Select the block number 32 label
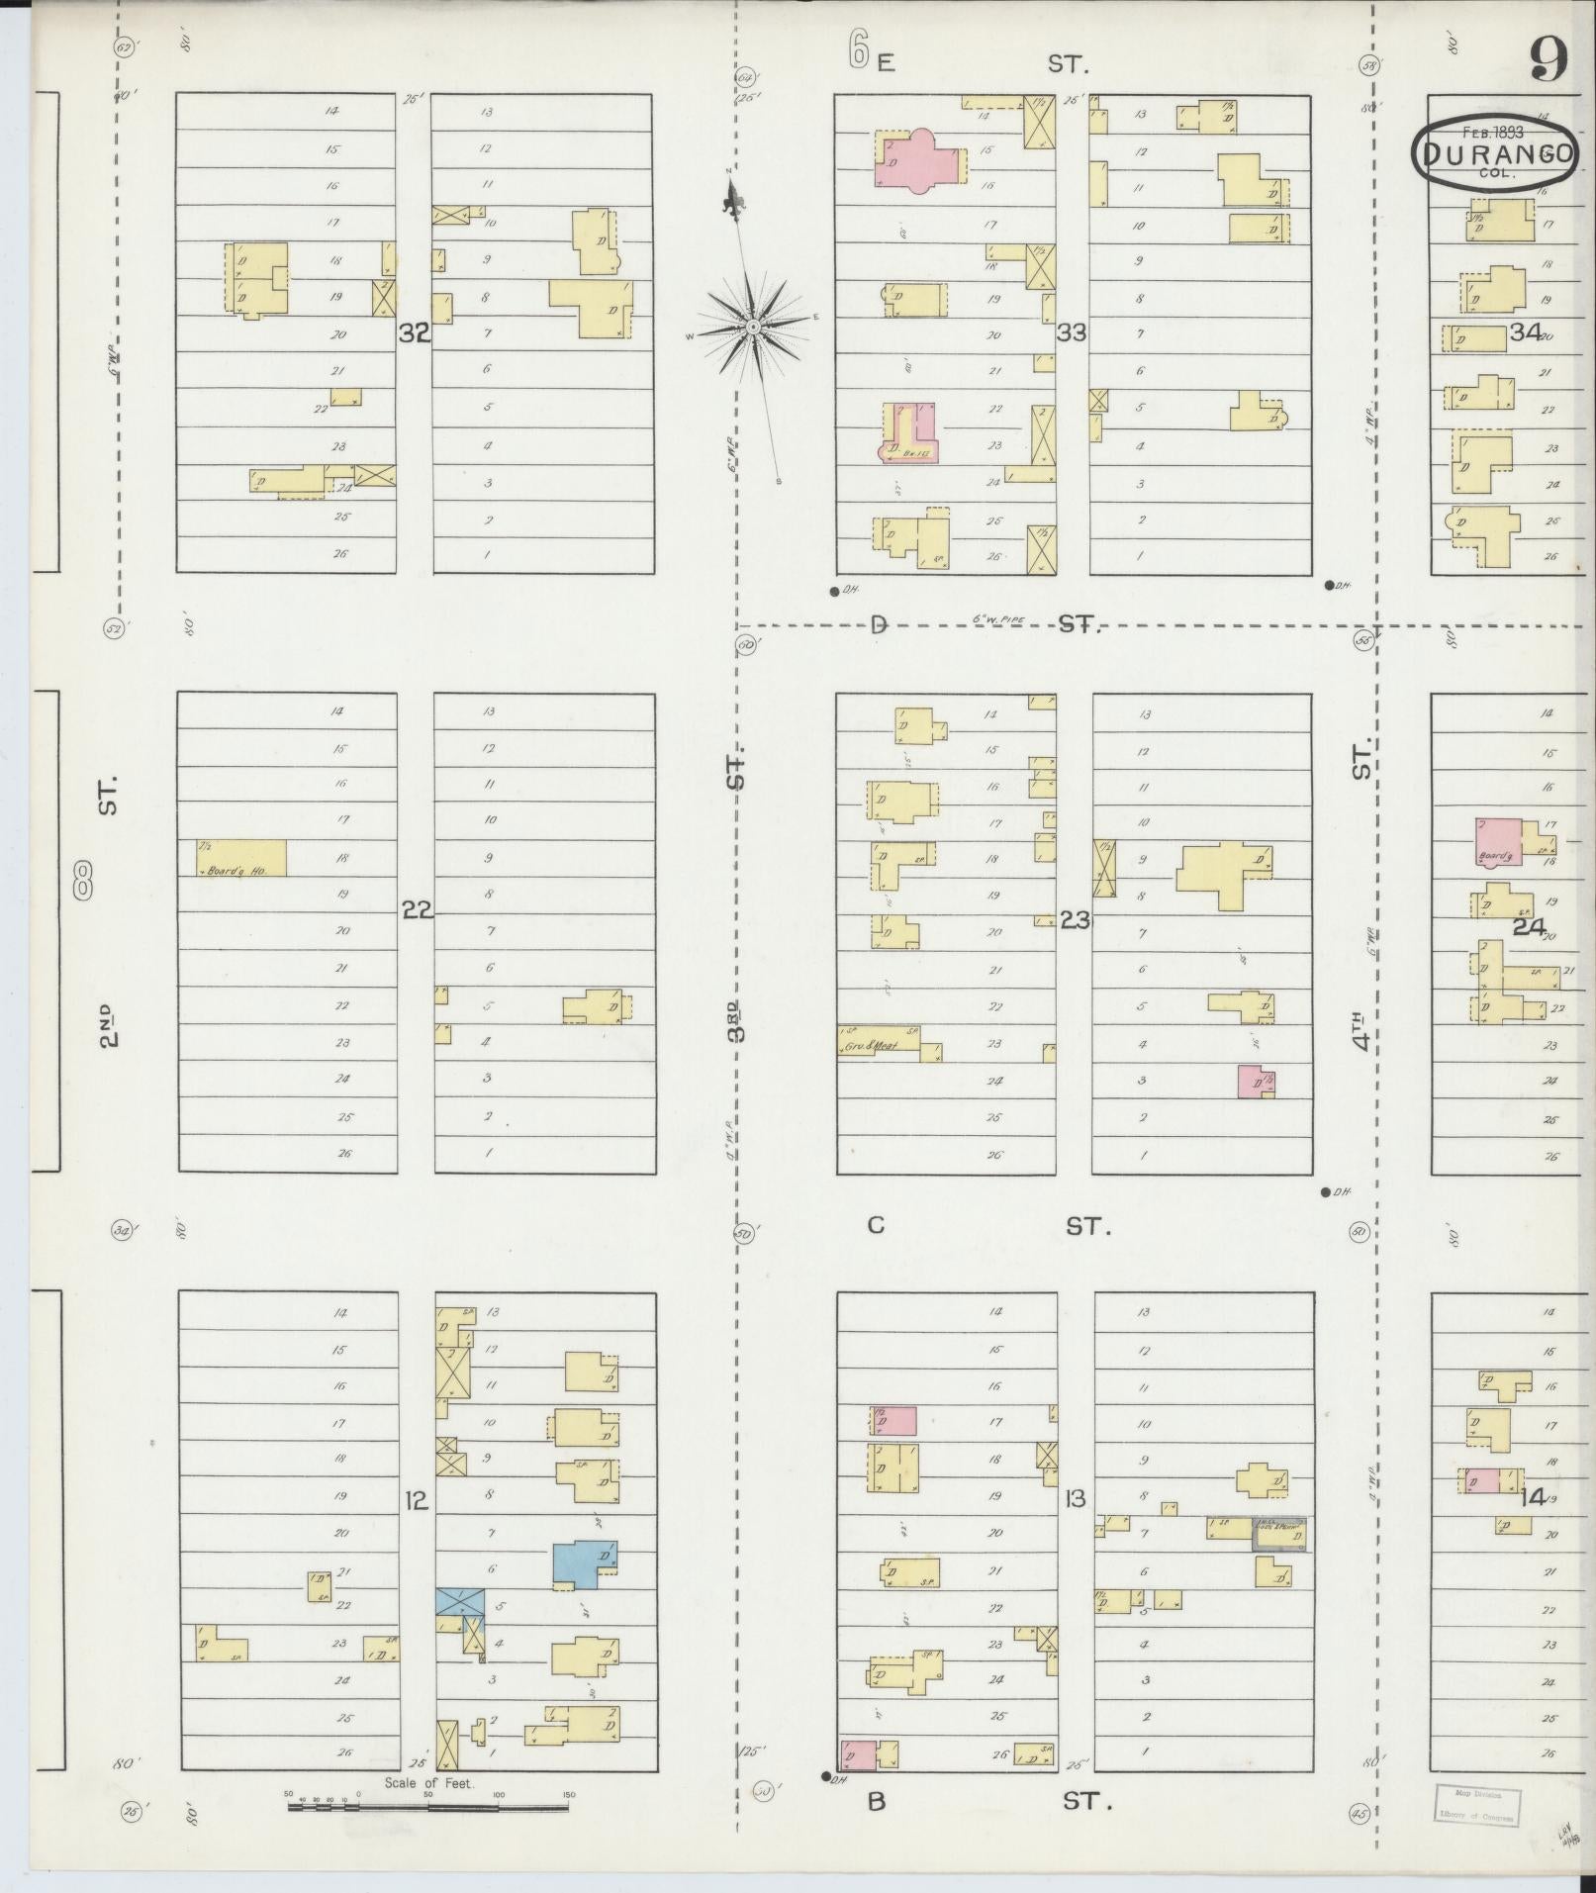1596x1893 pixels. [415, 333]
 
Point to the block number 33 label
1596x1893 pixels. [1071, 332]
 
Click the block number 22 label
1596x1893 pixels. [418, 909]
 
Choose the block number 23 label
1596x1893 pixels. [1075, 920]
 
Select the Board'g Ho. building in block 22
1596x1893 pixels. [242, 858]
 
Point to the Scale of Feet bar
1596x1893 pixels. [428, 1806]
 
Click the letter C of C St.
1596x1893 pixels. [876, 1226]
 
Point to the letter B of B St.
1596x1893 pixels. [876, 1802]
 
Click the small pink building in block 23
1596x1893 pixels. [1254, 1081]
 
